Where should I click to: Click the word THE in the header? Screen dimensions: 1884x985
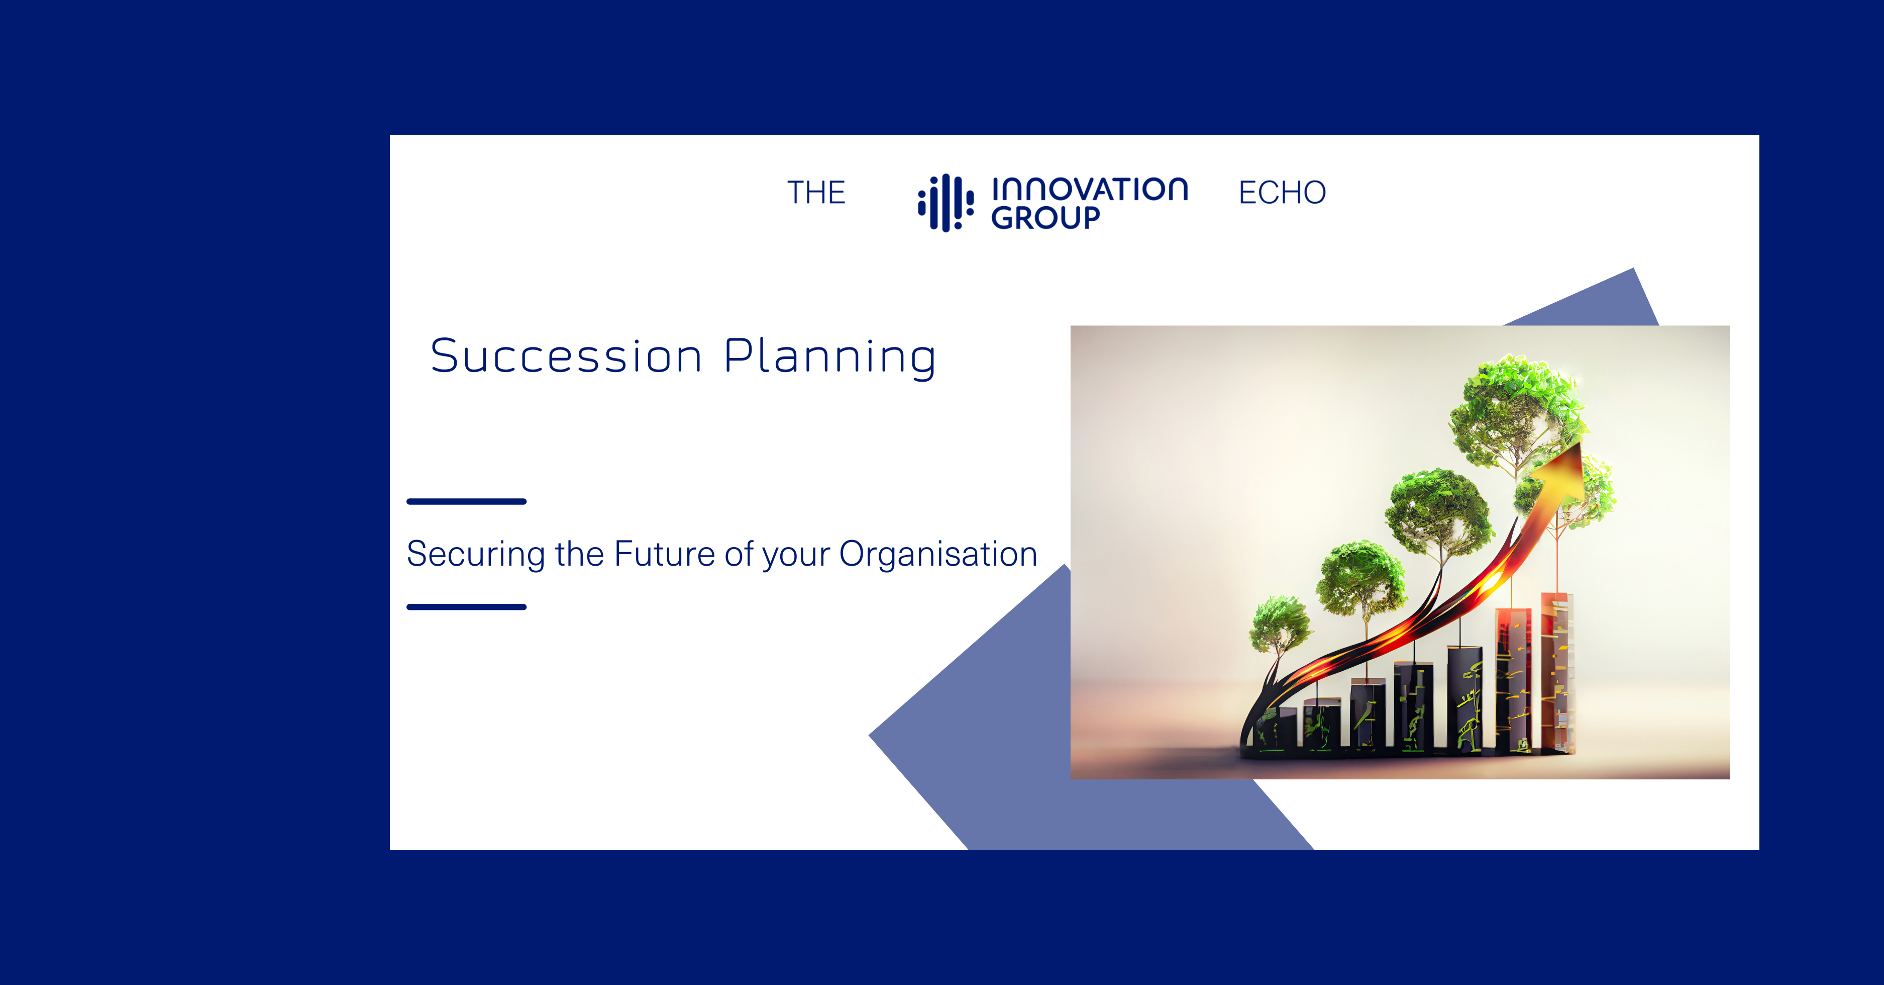[x=816, y=193]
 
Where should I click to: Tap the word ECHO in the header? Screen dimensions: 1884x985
[x=1282, y=193]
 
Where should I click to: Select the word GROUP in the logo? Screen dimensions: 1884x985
[x=1046, y=217]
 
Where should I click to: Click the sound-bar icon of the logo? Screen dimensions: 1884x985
[x=946, y=203]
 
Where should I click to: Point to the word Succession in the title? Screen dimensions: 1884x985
[x=566, y=357]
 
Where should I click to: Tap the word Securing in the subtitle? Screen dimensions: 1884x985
[x=475, y=554]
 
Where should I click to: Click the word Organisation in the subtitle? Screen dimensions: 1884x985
[x=938, y=554]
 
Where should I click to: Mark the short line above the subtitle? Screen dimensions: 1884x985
[x=467, y=501]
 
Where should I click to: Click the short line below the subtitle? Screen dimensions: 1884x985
[x=467, y=607]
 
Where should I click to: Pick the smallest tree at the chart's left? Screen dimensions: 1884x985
[x=1279, y=624]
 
